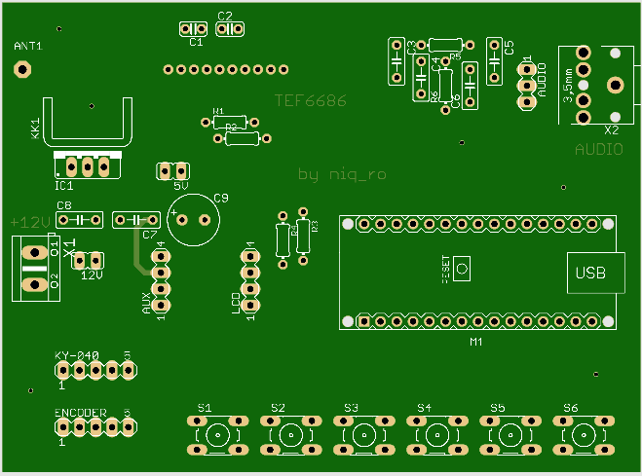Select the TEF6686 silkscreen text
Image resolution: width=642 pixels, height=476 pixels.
(x=310, y=100)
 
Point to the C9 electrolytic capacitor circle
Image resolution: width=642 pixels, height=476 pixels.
(x=192, y=219)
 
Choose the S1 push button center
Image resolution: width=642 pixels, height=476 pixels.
(x=217, y=434)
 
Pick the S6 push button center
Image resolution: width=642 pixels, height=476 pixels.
(x=583, y=434)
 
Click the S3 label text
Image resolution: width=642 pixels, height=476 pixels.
(x=351, y=407)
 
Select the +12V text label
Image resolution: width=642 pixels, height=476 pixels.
(x=30, y=222)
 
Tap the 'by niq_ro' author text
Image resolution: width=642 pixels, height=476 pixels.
(x=342, y=174)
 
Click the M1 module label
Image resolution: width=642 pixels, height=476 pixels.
(x=476, y=342)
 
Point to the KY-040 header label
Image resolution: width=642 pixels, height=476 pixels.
(x=77, y=355)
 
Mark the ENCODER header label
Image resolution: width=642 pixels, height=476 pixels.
(x=80, y=414)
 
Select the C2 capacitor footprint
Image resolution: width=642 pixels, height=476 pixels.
(x=229, y=29)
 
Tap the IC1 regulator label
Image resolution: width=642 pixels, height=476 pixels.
(x=64, y=185)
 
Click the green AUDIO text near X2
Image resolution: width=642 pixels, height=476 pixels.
(x=598, y=149)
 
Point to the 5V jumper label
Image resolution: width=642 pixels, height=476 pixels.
(x=181, y=185)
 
